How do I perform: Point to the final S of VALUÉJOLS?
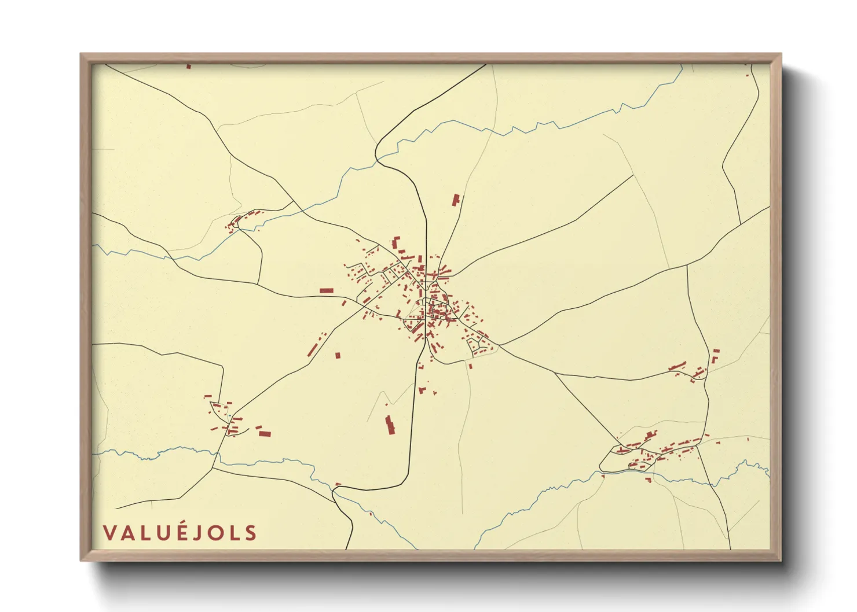point(250,533)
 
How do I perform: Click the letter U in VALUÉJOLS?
point(164,533)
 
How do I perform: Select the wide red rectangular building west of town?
point(327,290)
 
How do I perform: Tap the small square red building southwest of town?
point(338,355)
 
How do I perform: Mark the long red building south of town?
point(390,425)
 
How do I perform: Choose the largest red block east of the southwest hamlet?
point(264,433)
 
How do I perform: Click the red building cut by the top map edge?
point(189,67)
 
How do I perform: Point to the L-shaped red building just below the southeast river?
point(649,479)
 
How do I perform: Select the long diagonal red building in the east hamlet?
point(677,366)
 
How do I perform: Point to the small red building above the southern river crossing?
point(338,485)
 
